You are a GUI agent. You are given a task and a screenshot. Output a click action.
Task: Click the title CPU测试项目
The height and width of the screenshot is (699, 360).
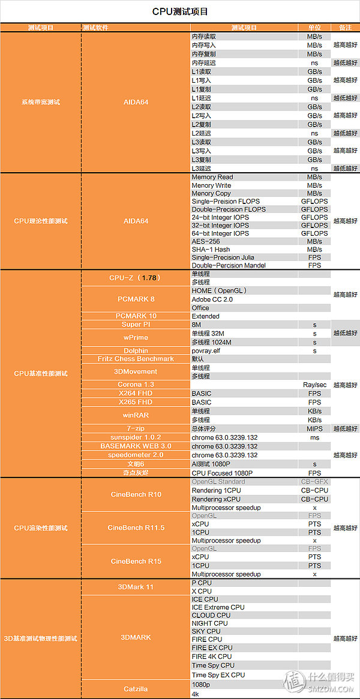(x=180, y=11)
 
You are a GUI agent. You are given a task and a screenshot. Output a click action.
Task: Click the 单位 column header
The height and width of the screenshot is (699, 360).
(x=314, y=28)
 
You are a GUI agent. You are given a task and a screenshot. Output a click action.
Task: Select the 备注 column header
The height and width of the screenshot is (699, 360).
(x=345, y=28)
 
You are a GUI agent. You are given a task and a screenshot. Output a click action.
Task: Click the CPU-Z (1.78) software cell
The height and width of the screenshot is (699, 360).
(x=135, y=278)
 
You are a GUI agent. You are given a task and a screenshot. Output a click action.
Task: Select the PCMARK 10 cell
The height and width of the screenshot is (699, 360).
(x=135, y=316)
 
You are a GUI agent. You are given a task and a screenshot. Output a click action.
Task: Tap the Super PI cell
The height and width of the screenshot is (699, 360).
(x=135, y=325)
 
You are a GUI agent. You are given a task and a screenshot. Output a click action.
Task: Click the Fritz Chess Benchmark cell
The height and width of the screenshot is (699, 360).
(x=135, y=359)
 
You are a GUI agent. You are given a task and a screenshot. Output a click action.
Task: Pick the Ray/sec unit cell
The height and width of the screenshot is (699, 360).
(x=314, y=385)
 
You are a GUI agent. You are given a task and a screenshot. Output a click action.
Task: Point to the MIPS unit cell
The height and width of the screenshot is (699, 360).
(x=314, y=428)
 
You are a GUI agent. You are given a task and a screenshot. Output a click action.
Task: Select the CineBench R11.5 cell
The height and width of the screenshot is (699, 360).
(x=135, y=528)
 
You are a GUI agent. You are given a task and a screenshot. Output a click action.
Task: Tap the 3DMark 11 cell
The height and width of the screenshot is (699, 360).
(x=135, y=587)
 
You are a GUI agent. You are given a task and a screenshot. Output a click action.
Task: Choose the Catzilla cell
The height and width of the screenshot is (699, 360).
(x=135, y=689)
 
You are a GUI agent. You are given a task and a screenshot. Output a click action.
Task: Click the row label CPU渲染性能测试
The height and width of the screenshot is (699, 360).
(x=41, y=528)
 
